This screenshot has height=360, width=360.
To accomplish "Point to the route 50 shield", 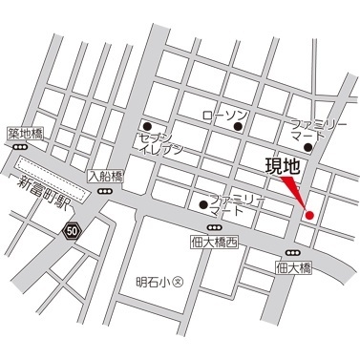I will (73, 229).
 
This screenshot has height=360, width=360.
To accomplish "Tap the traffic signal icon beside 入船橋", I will (105, 191).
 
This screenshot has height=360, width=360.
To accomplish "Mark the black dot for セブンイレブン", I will (147, 125).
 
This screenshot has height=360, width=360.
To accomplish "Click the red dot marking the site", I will (308, 214).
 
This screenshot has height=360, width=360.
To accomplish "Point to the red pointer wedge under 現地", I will (298, 193).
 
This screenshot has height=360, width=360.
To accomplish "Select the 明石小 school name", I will (150, 282).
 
